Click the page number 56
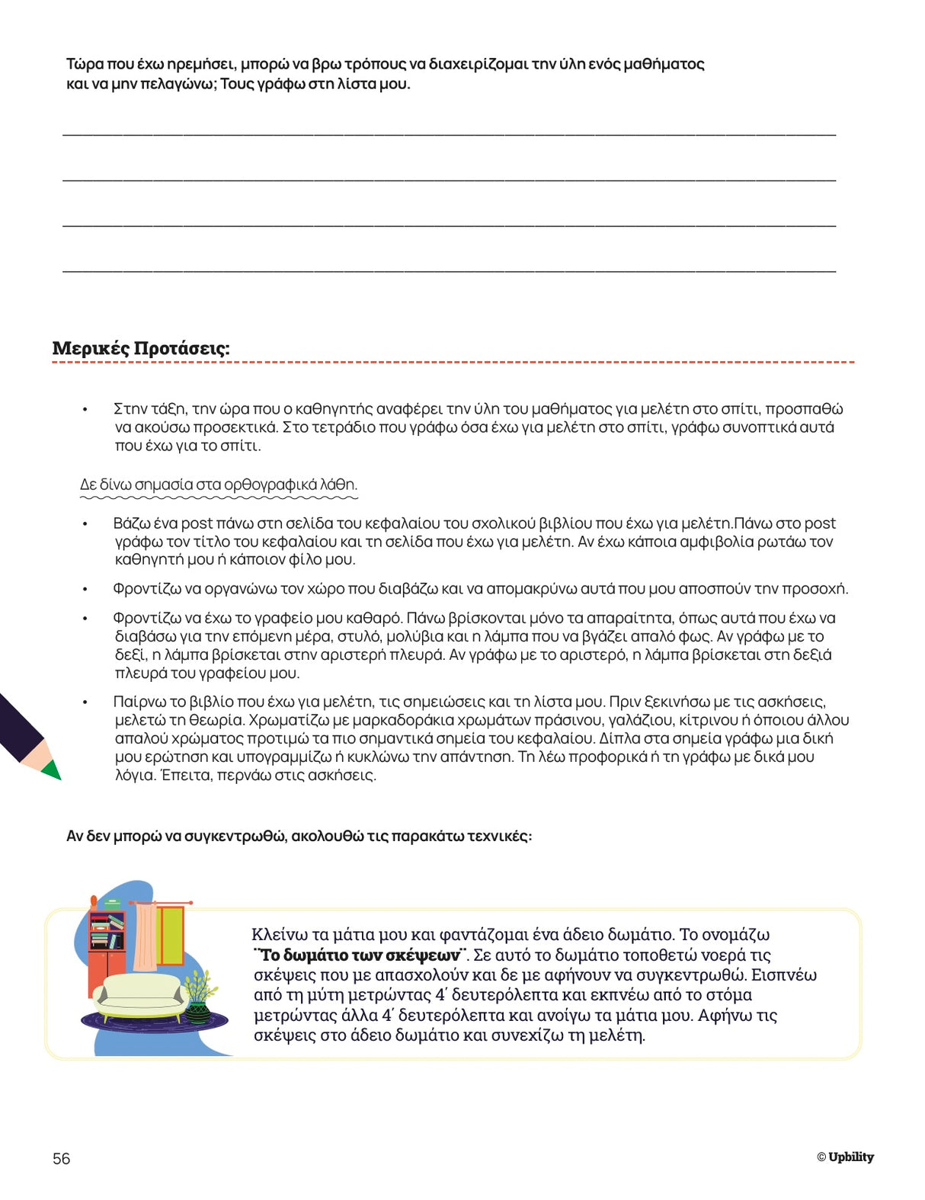coord(61,1158)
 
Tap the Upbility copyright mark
coord(846,1157)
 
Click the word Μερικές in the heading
coord(91,348)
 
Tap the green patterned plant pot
coord(198,1012)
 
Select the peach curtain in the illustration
coord(145,937)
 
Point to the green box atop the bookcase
coord(112,904)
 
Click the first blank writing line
coord(449,134)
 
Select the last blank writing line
coord(449,270)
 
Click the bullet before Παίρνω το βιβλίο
coord(85,702)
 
